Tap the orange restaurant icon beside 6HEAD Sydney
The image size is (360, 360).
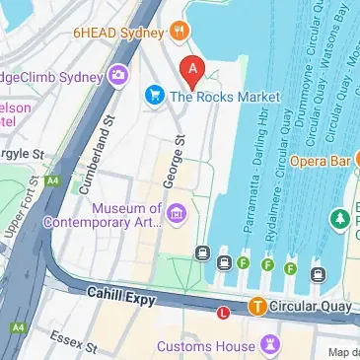pyautogui.click(x=179, y=31)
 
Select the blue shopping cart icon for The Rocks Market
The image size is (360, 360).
pyautogui.click(x=154, y=96)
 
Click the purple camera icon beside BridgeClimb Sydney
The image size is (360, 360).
pyautogui.click(x=117, y=75)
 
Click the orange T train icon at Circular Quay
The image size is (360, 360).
pyautogui.click(x=257, y=306)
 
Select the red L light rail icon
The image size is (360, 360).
pyautogui.click(x=223, y=314)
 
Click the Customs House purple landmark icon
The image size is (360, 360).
pyautogui.click(x=266, y=346)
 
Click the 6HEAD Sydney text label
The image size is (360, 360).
pyautogui.click(x=116, y=32)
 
